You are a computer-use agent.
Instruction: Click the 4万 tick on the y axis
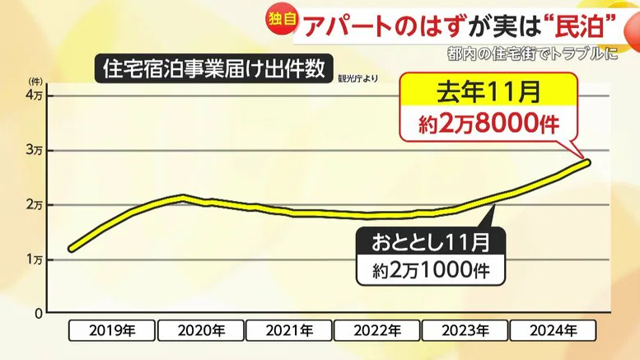click(x=35, y=96)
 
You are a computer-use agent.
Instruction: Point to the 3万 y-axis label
click(x=35, y=151)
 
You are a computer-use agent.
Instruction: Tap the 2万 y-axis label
click(x=35, y=205)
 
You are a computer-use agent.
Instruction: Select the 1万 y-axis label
click(x=35, y=259)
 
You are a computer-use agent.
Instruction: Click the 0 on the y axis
click(x=38, y=314)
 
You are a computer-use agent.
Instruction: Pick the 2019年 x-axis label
click(x=110, y=330)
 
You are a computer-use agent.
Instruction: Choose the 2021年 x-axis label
click(x=289, y=330)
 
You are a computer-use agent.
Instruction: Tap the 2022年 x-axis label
click(x=377, y=330)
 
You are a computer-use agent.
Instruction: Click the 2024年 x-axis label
click(x=554, y=330)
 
